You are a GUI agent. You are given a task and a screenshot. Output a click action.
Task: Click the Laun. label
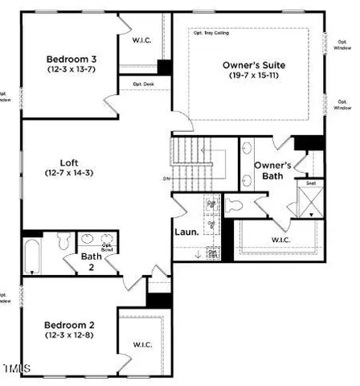click(x=186, y=233)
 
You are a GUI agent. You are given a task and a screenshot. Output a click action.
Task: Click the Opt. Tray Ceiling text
click(x=210, y=32)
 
